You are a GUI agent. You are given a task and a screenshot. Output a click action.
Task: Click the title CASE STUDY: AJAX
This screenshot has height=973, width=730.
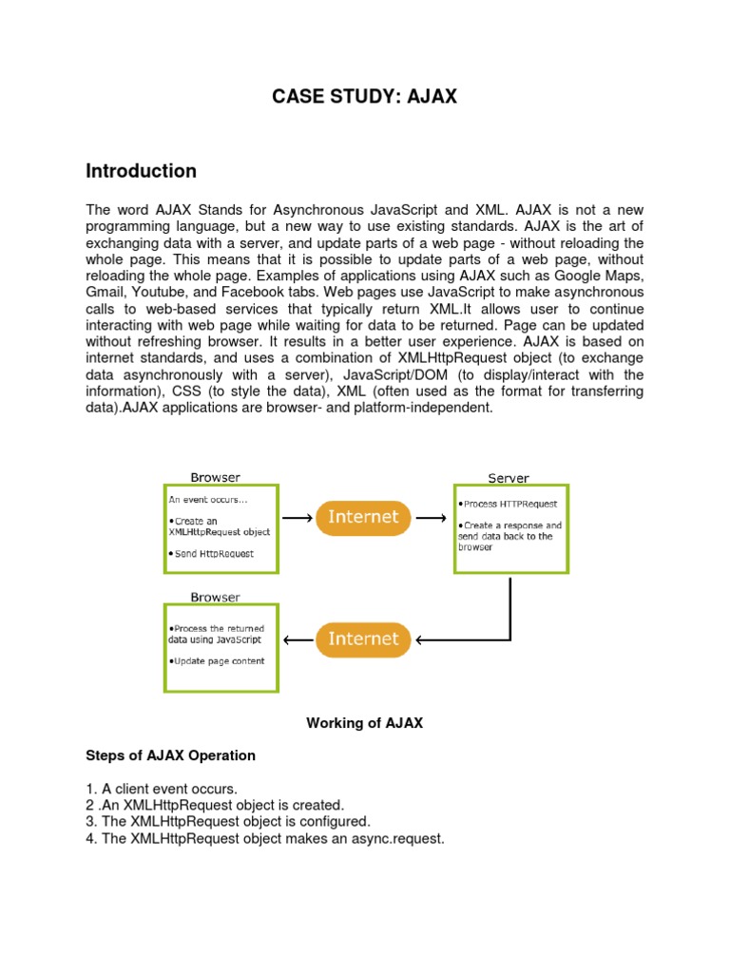click(364, 96)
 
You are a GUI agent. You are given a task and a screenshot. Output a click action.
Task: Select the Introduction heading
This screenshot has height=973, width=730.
click(141, 171)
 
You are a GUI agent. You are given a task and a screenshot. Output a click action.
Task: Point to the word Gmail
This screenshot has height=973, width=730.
click(105, 293)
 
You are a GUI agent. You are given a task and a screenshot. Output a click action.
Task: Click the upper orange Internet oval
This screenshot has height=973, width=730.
click(363, 518)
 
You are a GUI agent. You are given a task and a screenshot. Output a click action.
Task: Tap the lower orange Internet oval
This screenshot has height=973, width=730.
click(363, 639)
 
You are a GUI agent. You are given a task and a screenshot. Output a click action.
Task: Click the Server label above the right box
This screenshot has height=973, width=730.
click(509, 478)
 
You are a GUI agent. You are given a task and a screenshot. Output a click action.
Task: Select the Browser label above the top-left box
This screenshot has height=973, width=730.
click(216, 477)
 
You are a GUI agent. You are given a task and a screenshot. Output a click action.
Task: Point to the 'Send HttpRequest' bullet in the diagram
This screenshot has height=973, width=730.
click(212, 553)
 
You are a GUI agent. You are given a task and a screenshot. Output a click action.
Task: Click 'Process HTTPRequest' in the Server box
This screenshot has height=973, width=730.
click(509, 504)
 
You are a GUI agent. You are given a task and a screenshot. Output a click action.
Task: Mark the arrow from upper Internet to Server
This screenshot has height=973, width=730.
click(431, 519)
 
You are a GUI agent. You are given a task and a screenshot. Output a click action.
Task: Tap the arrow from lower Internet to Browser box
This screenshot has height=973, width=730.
click(300, 639)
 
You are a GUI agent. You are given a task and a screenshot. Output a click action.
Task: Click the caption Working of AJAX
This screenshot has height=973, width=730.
click(364, 723)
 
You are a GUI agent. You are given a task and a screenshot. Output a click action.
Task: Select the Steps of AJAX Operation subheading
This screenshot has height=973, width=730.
click(170, 756)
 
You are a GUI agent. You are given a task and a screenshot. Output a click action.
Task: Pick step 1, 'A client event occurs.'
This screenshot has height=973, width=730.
click(162, 789)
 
